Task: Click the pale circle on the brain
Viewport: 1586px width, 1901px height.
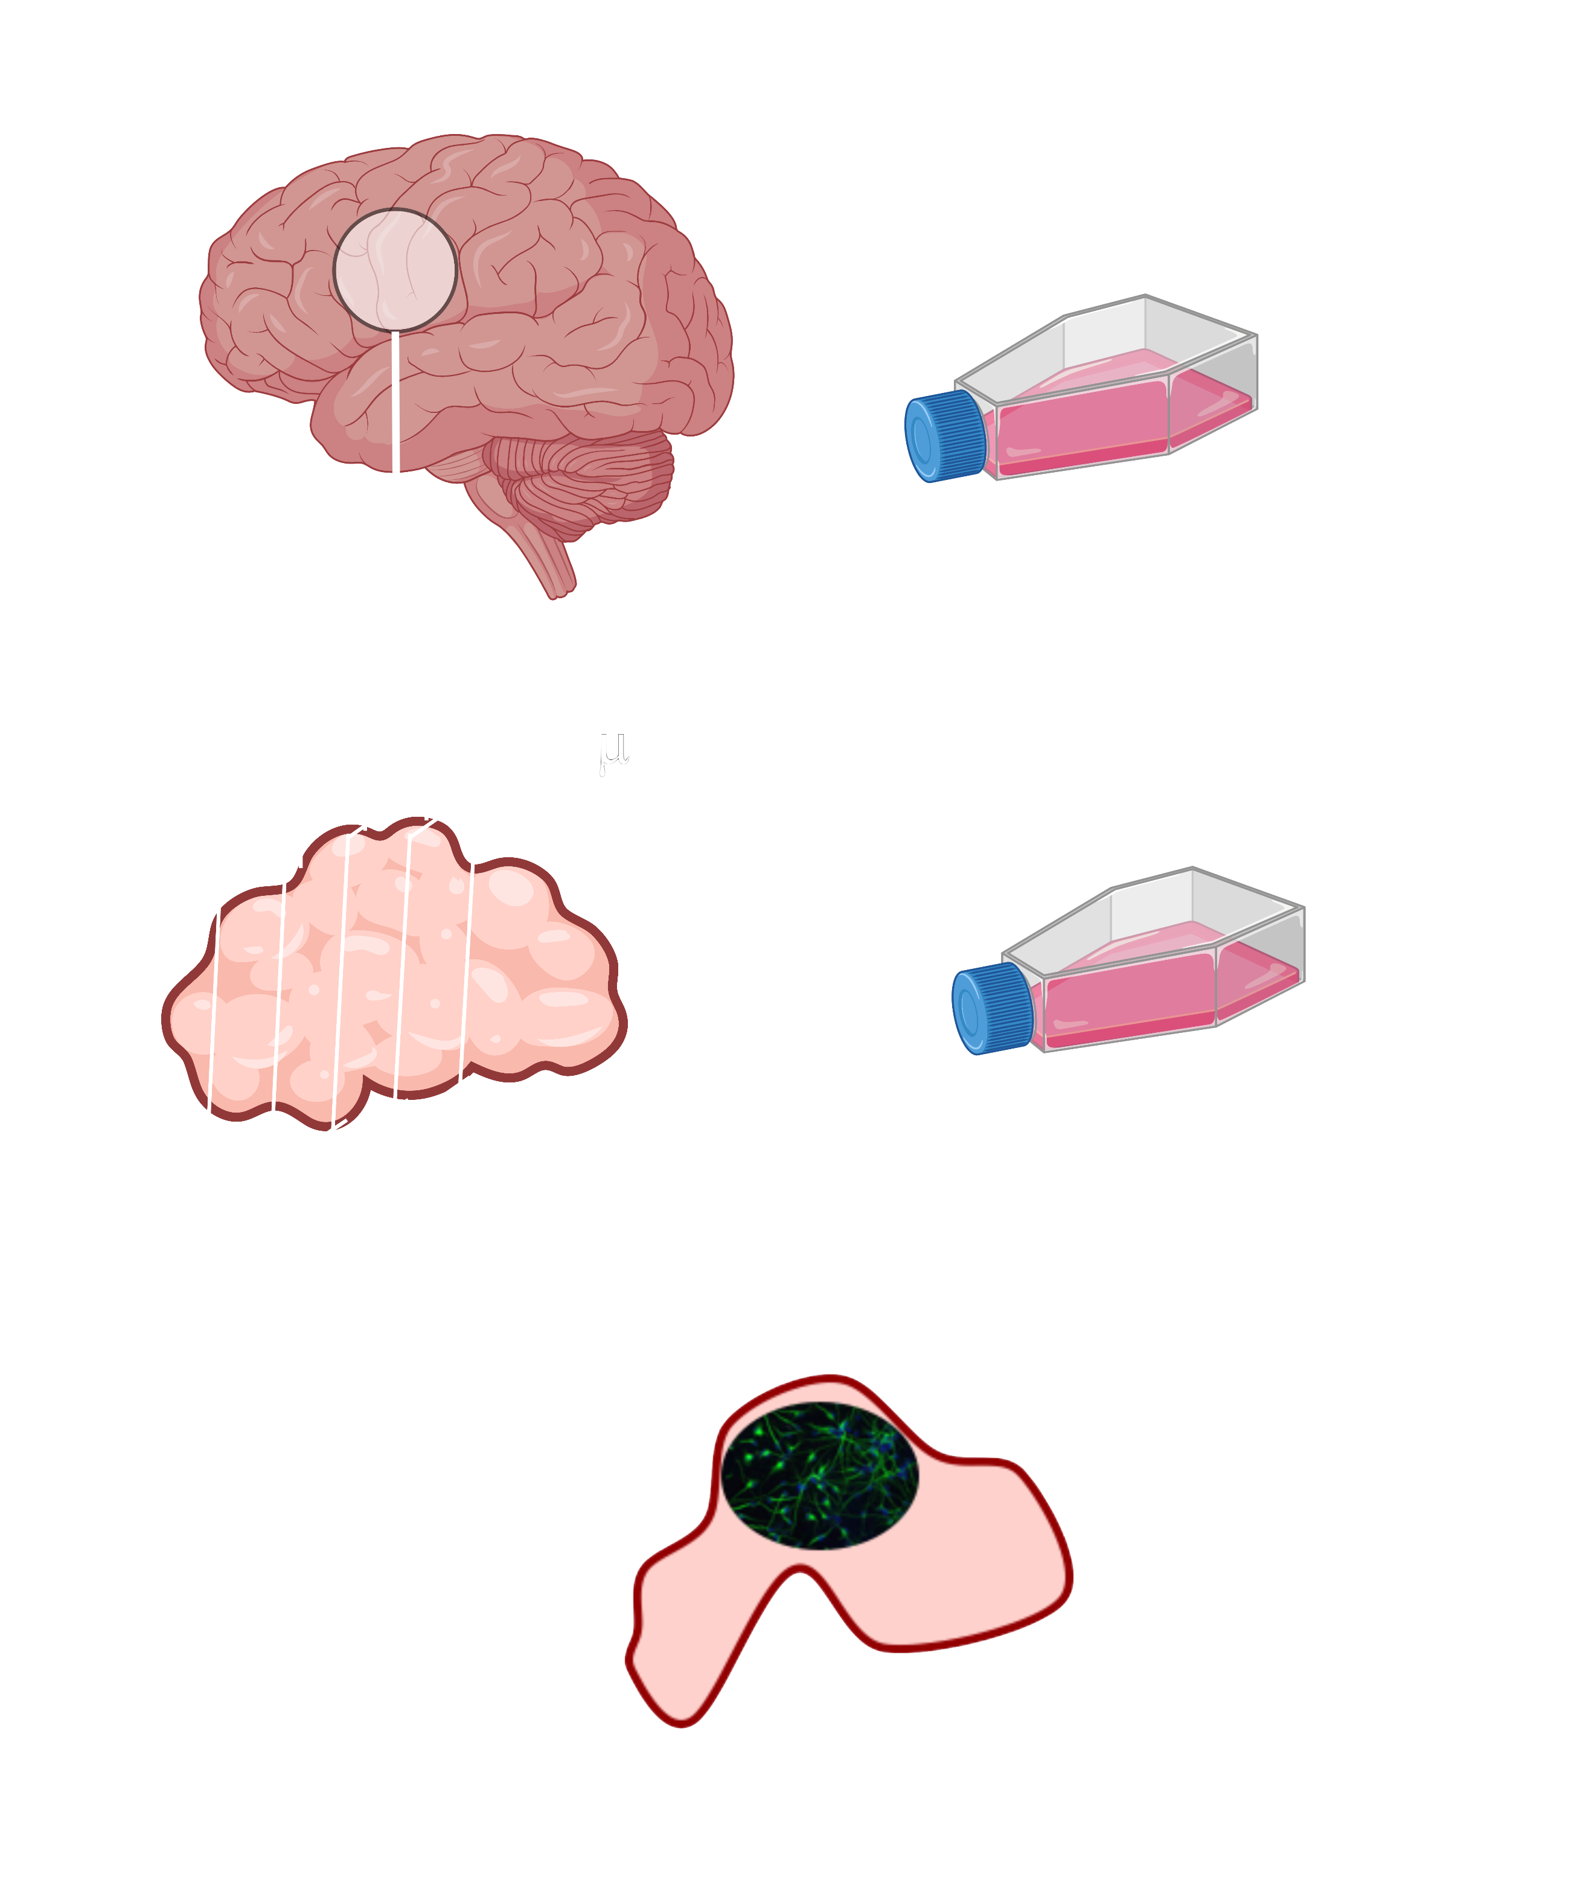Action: tap(395, 270)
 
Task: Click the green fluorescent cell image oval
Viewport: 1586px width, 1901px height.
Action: tap(820, 1475)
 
